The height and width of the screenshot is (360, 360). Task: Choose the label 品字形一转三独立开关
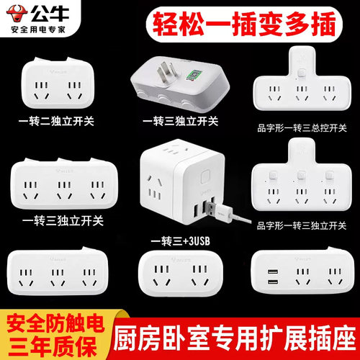tap(301, 223)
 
